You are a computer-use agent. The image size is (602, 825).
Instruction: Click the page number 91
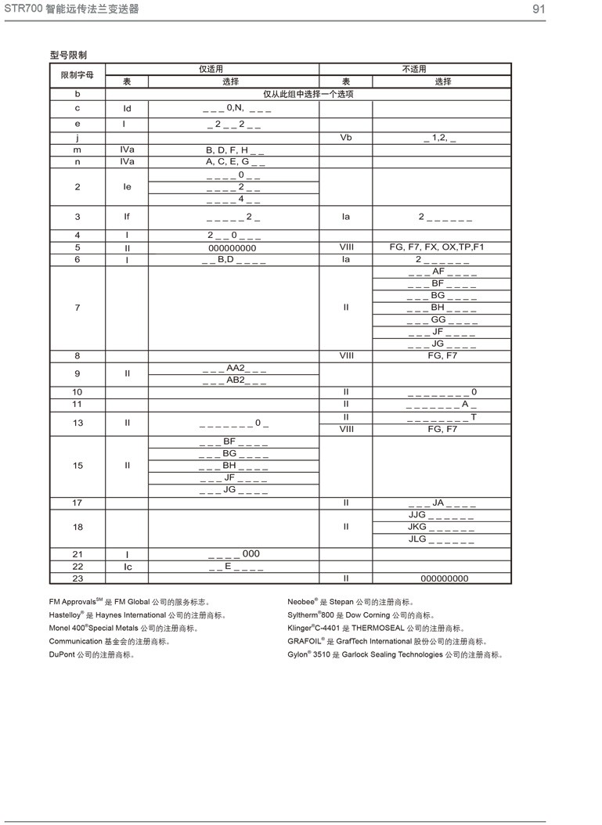point(538,9)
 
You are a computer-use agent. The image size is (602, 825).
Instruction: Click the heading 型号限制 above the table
point(68,56)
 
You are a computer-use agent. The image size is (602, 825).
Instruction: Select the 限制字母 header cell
point(78,75)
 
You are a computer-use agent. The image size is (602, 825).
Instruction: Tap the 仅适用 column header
point(211,69)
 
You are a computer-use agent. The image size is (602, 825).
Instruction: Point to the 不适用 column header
point(414,69)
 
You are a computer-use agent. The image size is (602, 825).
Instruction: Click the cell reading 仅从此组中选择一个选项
point(308,94)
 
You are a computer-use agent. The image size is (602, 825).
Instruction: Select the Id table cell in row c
point(127,109)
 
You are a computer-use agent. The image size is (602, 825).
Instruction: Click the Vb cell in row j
point(345,137)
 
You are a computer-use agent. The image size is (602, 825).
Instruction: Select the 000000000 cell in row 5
point(233,248)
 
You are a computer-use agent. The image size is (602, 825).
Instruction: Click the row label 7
point(78,308)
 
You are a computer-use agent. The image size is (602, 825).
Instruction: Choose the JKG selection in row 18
point(441,528)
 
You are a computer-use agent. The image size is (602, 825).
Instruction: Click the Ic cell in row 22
point(127,566)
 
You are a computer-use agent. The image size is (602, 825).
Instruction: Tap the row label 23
point(78,578)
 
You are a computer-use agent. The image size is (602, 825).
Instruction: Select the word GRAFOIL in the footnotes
point(305,641)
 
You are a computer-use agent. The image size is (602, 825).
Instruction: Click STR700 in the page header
point(20,9)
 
